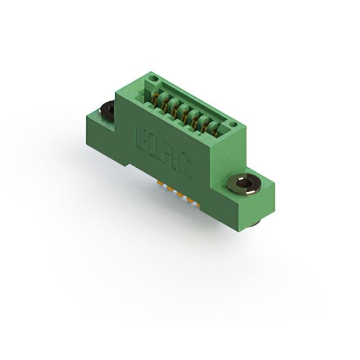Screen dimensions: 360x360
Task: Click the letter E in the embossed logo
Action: (x=142, y=139)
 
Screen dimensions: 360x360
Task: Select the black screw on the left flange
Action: (x=107, y=110)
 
